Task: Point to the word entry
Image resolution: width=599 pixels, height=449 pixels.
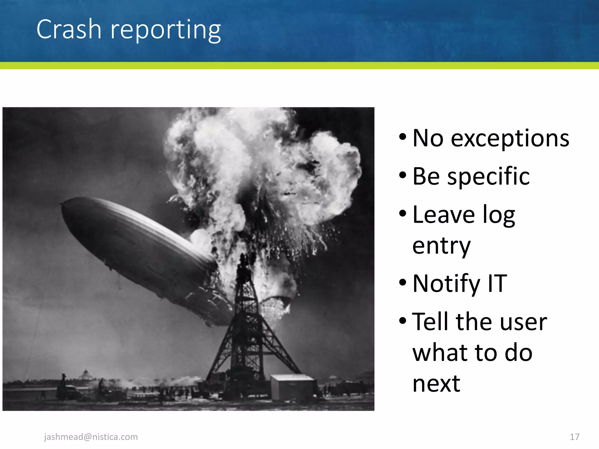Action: (441, 246)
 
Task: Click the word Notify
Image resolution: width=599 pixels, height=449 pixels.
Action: (446, 284)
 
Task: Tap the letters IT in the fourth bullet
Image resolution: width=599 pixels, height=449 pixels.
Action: (497, 283)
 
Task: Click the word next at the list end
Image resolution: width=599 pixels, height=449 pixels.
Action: (436, 384)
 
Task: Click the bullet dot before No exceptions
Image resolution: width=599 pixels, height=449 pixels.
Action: (403, 137)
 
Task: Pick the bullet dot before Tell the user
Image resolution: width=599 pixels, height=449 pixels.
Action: (403, 321)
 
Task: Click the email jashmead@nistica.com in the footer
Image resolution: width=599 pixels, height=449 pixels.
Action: (91, 437)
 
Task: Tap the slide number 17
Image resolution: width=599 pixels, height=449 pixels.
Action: (574, 437)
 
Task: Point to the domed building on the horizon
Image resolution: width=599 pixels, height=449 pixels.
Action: (86, 374)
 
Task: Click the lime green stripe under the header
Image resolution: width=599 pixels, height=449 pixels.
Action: (299, 65)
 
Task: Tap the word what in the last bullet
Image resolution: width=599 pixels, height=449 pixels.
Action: (439, 353)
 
